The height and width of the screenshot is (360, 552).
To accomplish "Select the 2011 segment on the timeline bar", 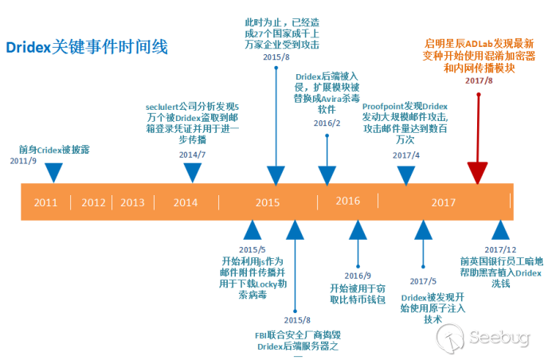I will pyautogui.click(x=45, y=202).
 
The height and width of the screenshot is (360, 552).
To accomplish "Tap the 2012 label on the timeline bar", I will pyautogui.click(x=94, y=202).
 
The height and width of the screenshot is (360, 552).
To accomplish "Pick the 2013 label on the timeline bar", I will pyautogui.click(x=132, y=202).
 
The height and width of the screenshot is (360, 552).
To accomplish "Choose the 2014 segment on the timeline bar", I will pyautogui.click(x=186, y=202).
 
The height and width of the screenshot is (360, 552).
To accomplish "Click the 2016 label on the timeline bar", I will pyautogui.click(x=347, y=200).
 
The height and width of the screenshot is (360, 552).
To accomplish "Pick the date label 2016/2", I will pyautogui.click(x=327, y=123).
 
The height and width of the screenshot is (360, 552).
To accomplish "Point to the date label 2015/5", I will pyautogui.click(x=252, y=249).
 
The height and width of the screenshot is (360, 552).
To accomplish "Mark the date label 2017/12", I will pyautogui.click(x=499, y=249).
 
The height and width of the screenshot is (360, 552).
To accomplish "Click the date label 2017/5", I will pyautogui.click(x=423, y=281).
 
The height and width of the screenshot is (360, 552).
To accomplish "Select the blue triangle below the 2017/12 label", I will pyautogui.click(x=500, y=230).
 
